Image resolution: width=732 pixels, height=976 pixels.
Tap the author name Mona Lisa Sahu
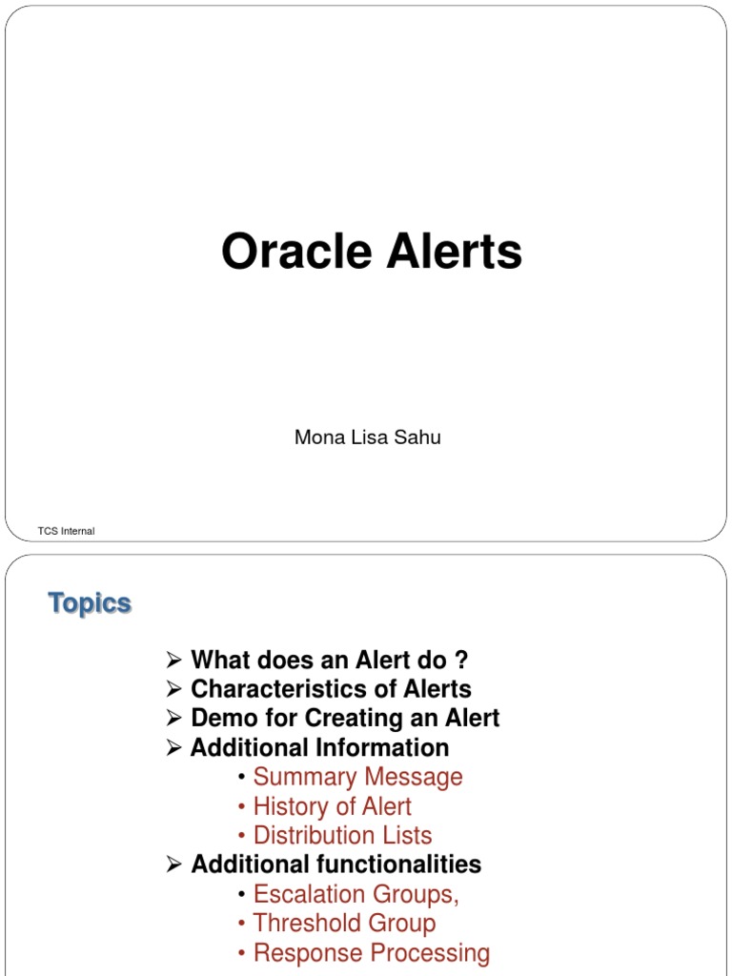pos(367,438)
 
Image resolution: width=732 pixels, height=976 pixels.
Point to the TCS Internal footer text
pos(66,531)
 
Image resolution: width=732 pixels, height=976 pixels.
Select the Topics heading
pos(90,603)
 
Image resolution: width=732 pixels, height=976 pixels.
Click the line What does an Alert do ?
pos(329,660)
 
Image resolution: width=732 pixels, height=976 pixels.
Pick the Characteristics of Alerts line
pos(331,688)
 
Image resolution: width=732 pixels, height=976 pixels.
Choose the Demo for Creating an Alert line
pos(345,718)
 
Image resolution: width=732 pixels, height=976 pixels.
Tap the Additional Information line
pos(319,747)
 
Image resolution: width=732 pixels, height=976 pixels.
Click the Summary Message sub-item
pos(357,777)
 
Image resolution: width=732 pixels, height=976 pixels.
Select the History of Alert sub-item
pos(332,806)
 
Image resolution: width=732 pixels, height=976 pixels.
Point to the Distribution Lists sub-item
pos(342,836)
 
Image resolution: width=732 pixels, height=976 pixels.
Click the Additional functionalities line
pos(335,864)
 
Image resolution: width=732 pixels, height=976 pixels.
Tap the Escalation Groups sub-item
pos(356,894)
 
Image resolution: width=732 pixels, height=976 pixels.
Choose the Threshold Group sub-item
pos(344,924)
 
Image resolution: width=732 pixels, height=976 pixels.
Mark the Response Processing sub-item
pos(372,953)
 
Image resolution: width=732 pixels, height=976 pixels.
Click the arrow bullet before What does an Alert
pos(173,660)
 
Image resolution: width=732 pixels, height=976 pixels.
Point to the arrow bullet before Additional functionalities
pos(173,864)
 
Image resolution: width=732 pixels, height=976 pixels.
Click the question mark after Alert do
pos(461,660)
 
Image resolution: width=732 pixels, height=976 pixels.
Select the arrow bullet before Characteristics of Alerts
pos(173,688)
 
